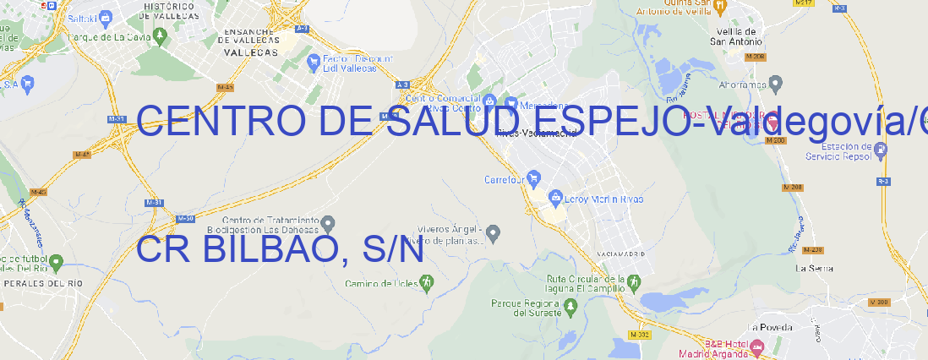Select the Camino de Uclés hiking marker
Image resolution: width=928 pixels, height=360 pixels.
click(x=427, y=281)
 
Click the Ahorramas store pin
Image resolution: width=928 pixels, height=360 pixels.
click(x=776, y=84)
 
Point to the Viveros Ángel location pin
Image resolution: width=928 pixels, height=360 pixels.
click(x=495, y=232)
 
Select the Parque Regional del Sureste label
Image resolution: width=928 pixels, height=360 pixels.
click(x=525, y=307)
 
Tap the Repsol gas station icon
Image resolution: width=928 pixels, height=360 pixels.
click(x=882, y=150)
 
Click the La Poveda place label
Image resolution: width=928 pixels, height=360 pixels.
click(x=770, y=327)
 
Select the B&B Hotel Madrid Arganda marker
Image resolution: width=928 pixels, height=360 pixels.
click(x=756, y=346)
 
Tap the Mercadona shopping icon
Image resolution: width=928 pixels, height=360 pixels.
click(x=509, y=103)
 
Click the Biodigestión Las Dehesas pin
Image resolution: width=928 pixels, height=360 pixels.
click(x=328, y=223)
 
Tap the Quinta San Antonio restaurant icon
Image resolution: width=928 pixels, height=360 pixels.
click(x=720, y=7)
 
